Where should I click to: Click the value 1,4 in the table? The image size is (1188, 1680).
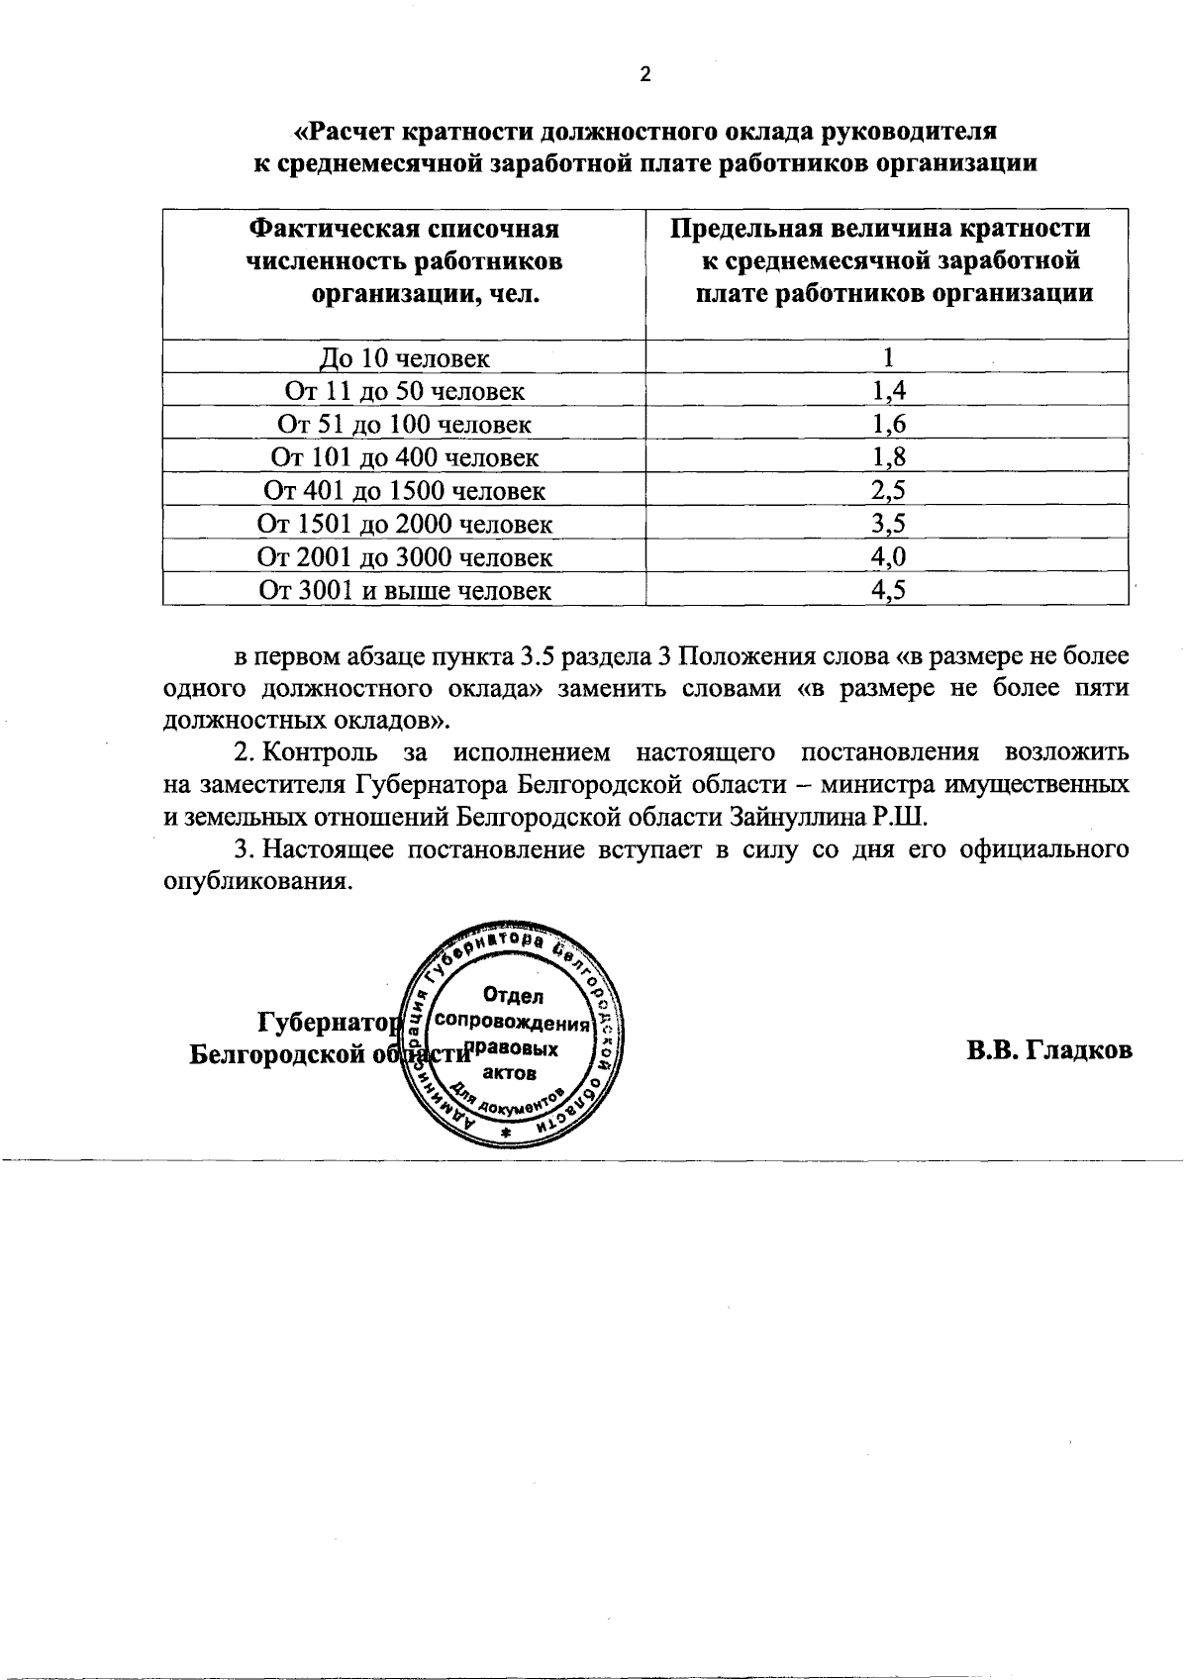pyautogui.click(x=888, y=391)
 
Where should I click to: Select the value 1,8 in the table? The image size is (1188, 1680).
pyautogui.click(x=888, y=457)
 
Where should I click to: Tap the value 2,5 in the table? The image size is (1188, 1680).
pyautogui.click(x=888, y=491)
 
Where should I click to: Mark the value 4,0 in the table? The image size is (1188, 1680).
pyautogui.click(x=888, y=557)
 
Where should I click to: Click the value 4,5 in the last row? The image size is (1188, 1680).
pyautogui.click(x=888, y=591)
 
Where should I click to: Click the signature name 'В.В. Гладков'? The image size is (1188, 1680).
pyautogui.click(x=1049, y=1050)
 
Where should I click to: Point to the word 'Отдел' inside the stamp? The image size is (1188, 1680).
pyautogui.click(x=513, y=996)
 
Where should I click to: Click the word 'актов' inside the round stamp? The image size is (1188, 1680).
pyautogui.click(x=511, y=1073)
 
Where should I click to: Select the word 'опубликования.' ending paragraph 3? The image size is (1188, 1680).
pyautogui.click(x=257, y=883)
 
